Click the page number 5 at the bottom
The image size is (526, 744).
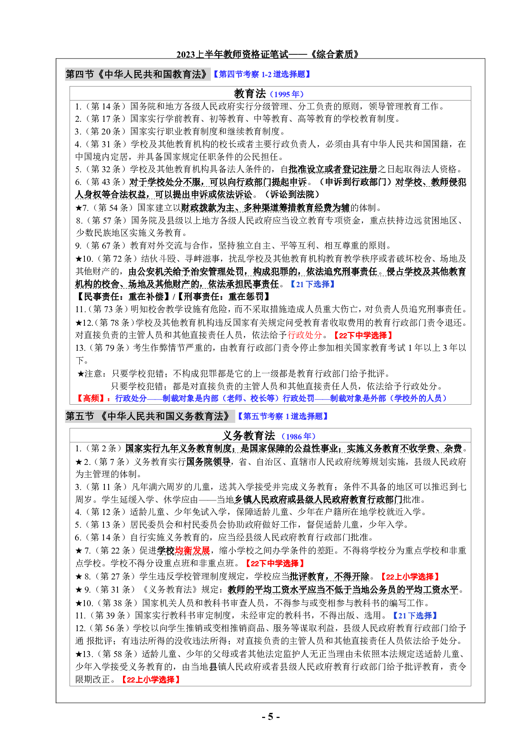(x=270, y=717)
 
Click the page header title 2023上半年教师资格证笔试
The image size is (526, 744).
(x=232, y=54)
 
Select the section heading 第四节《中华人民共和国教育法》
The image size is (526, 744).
(x=137, y=74)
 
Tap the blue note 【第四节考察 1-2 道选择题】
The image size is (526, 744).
(x=262, y=75)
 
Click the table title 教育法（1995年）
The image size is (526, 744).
(x=269, y=94)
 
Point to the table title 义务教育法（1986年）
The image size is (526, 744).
(x=269, y=436)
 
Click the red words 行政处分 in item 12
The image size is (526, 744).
(x=305, y=335)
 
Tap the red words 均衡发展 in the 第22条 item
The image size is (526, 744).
(x=193, y=551)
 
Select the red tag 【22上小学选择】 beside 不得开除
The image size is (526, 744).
(x=409, y=576)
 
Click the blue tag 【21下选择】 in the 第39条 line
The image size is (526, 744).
(x=414, y=615)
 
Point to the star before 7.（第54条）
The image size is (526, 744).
(x=78, y=208)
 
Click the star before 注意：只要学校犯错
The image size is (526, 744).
(x=81, y=374)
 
